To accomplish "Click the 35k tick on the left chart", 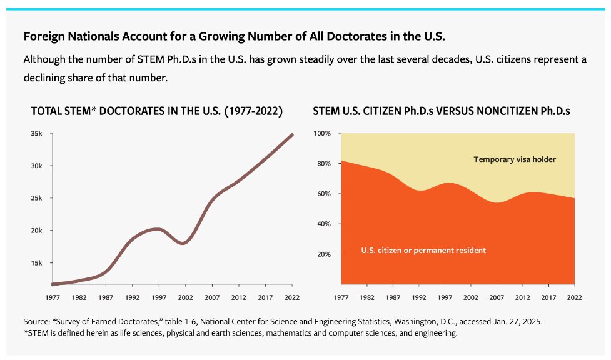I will (37, 134).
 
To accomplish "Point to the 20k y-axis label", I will (37, 231).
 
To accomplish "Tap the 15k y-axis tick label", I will (37, 263).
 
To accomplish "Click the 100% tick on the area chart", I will (322, 134).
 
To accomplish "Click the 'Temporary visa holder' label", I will (515, 159).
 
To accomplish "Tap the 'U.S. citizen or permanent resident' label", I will (423, 251).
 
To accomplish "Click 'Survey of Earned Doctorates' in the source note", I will (106, 321).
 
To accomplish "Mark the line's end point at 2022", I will (292, 134).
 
